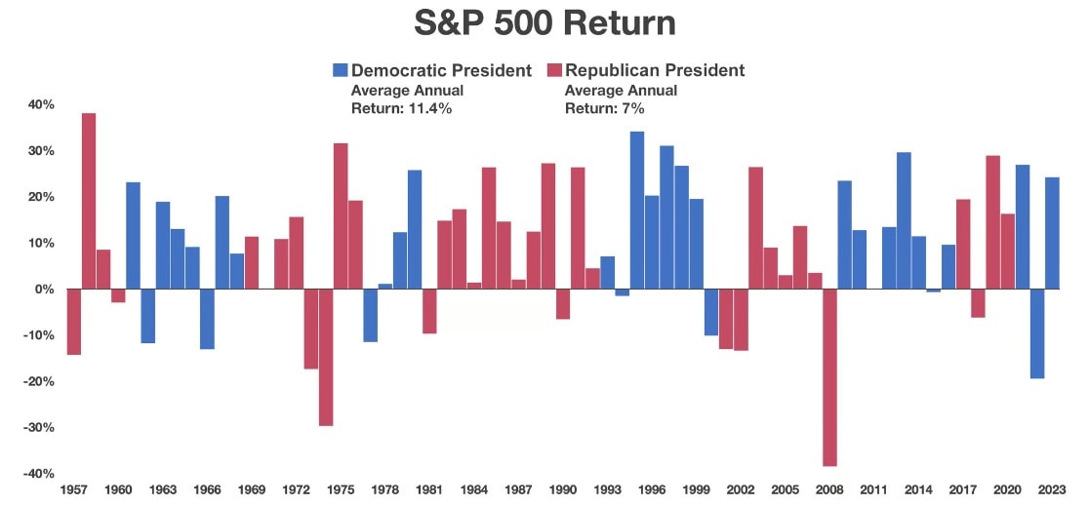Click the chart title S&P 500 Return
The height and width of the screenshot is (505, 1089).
click(x=544, y=22)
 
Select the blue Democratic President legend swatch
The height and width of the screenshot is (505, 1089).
click(x=340, y=70)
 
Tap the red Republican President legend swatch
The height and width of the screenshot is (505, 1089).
click(x=554, y=70)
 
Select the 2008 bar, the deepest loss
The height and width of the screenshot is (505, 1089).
click(x=829, y=377)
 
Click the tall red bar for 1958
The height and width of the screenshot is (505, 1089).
click(x=89, y=201)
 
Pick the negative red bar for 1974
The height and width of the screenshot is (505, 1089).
click(x=326, y=357)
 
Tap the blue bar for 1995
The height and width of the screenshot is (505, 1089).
click(x=637, y=210)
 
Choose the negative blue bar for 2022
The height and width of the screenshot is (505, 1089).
click(x=1037, y=333)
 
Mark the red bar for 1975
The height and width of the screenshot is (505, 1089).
click(x=341, y=215)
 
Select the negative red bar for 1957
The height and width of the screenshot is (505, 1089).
click(x=74, y=322)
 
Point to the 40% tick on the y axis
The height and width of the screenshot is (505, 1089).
click(x=41, y=104)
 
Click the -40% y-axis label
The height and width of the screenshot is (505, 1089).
click(x=39, y=474)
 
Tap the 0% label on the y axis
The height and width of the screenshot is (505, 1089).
click(x=45, y=290)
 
